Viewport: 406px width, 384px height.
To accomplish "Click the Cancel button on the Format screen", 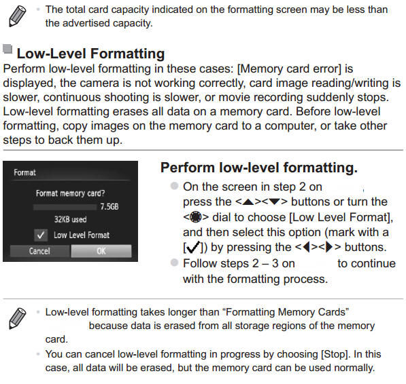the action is click(39, 251).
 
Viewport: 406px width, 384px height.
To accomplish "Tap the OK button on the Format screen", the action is click(101, 251).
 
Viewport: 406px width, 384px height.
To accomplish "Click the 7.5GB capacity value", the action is click(109, 206).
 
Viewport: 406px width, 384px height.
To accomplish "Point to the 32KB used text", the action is click(71, 220).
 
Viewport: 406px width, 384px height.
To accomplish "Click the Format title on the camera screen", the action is click(25, 173).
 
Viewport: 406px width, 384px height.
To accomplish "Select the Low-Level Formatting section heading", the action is click(90, 53).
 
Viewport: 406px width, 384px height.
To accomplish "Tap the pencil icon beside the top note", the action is click(18, 15).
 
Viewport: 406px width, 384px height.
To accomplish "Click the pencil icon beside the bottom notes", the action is click(18, 318).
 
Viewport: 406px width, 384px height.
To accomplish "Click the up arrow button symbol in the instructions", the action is click(248, 202).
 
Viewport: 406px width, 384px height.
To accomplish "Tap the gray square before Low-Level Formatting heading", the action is click(7, 50).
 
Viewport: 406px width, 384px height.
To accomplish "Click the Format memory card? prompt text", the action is click(70, 193).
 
